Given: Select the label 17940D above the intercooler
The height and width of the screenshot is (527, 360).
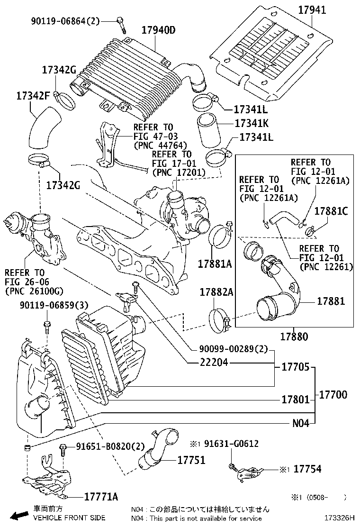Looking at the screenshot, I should click(x=158, y=30).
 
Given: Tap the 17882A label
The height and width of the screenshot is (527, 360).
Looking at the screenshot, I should click(x=216, y=292).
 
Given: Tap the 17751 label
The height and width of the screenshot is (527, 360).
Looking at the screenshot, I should click(x=191, y=460).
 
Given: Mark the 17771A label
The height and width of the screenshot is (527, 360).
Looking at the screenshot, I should click(x=101, y=497).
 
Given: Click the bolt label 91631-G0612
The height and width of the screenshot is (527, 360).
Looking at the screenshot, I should click(x=231, y=444).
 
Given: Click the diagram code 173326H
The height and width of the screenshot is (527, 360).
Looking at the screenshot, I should click(x=339, y=518).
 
